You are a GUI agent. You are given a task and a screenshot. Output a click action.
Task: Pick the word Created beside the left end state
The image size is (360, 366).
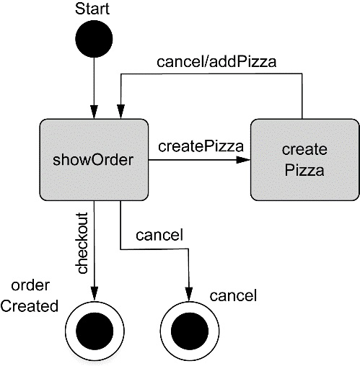(x=29, y=306)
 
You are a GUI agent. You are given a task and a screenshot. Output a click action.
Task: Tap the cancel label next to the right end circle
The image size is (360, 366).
(x=233, y=295)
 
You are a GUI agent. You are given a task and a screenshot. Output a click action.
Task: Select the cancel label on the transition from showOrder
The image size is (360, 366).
(x=158, y=234)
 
